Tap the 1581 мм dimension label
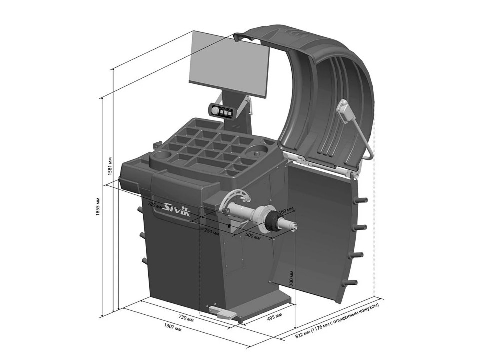click(x=110, y=166)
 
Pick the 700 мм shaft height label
click(x=291, y=279)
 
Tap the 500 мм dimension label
click(x=253, y=236)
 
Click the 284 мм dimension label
click(x=212, y=231)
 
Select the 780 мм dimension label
click(x=155, y=205)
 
